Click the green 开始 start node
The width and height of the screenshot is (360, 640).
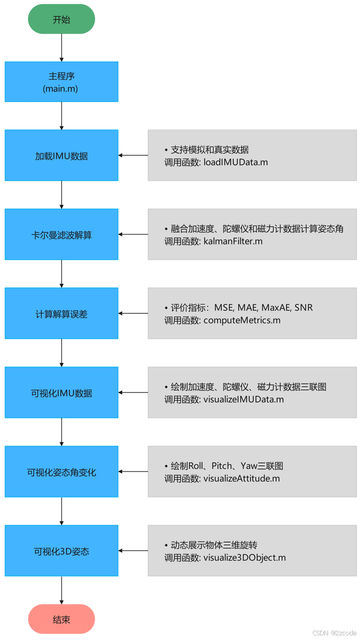(x=61, y=20)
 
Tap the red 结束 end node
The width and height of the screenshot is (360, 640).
(x=61, y=619)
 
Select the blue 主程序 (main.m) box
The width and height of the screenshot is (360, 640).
(x=61, y=82)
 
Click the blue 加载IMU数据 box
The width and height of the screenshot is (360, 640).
(x=61, y=155)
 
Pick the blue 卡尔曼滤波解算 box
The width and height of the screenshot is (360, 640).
(x=61, y=235)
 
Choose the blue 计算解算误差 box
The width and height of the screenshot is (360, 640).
(x=61, y=314)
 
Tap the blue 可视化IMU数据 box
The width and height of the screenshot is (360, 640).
(x=61, y=392)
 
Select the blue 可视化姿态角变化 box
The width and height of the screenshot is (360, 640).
(x=61, y=472)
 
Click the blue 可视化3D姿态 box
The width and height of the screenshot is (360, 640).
(x=61, y=551)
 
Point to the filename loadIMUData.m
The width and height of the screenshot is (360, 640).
(x=236, y=162)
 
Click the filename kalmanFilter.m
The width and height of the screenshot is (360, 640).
(x=233, y=241)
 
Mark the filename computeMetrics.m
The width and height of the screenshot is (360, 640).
(x=241, y=321)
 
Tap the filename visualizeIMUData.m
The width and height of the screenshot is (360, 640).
(x=243, y=399)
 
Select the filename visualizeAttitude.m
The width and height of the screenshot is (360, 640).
(x=241, y=478)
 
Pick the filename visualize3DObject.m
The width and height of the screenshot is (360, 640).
(x=244, y=558)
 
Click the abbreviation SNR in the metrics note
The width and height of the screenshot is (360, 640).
(x=304, y=308)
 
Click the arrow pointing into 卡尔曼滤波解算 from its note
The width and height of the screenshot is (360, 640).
(x=133, y=235)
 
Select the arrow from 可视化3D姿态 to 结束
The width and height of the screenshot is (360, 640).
(x=62, y=590)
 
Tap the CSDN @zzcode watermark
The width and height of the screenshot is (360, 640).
(x=334, y=633)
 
